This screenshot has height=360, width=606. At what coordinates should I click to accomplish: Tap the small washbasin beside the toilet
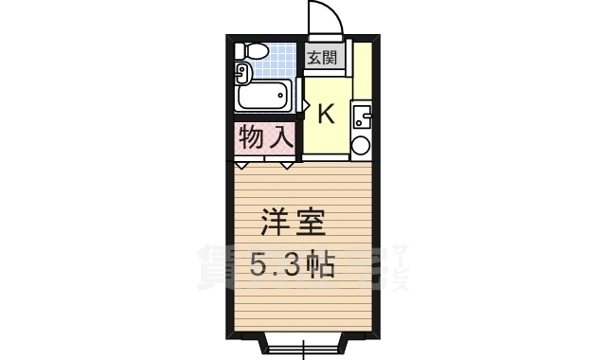pos(241,71)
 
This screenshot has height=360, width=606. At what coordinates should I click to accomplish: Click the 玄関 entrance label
pos(322,58)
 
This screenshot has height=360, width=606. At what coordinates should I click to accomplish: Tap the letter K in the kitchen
pos(325,114)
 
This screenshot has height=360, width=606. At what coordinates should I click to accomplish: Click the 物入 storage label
pos(265,138)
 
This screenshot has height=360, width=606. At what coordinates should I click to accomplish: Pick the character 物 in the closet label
pos(251,138)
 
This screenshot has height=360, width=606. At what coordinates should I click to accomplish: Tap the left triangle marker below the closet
pos(241,166)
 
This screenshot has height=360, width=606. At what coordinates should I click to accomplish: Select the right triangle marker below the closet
pos(287,166)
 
